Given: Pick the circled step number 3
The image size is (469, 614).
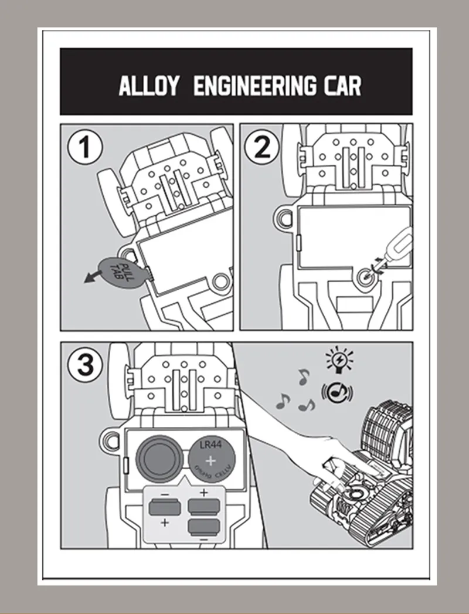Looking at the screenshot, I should (86, 365).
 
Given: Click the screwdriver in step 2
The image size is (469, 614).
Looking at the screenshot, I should (398, 247).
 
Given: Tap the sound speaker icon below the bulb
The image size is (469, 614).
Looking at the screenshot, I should (337, 392).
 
